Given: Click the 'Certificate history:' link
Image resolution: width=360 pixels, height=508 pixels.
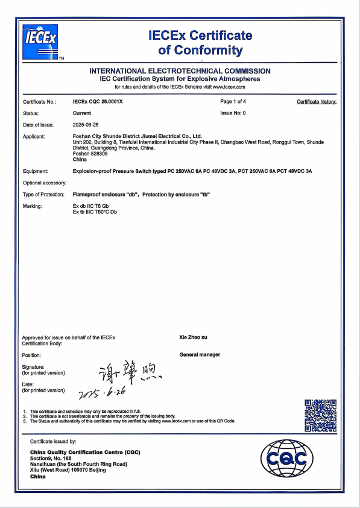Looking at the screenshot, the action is [317, 101].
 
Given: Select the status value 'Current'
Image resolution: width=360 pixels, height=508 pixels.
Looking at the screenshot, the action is [82, 113].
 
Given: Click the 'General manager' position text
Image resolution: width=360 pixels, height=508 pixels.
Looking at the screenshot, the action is [200, 354].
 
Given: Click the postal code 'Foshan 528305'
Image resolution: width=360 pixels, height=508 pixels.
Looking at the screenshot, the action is [89, 154].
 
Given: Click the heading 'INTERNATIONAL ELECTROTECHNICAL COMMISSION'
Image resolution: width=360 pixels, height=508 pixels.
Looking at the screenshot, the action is [180, 71].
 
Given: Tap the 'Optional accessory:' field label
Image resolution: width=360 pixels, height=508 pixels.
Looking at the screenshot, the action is [45, 183].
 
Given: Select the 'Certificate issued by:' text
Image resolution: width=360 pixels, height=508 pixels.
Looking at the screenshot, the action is [53, 441].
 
